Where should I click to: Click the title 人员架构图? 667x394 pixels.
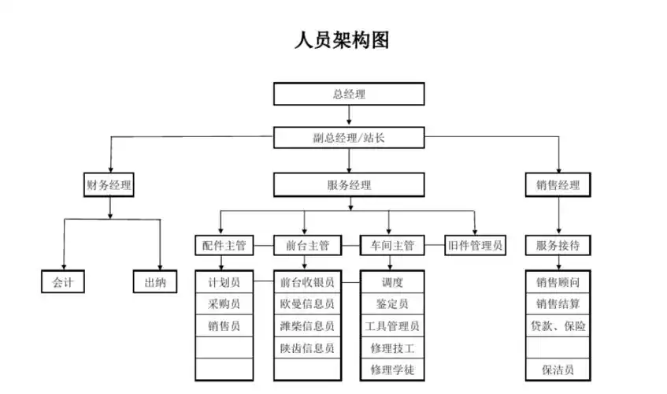[341, 40]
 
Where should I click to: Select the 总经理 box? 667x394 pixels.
[349, 94]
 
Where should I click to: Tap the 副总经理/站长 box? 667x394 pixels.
[349, 138]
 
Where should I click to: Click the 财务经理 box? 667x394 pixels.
[109, 186]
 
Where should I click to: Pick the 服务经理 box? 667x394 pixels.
[349, 186]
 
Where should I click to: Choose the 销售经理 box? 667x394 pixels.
[558, 186]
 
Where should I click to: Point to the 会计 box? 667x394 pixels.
[62, 282]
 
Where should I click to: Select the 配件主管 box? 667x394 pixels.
[224, 246]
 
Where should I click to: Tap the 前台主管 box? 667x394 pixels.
[307, 246]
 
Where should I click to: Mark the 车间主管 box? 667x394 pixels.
[392, 246]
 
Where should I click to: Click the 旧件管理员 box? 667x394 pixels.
[475, 246]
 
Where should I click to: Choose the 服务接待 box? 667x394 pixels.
[558, 246]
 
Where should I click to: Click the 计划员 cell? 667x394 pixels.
[224, 282]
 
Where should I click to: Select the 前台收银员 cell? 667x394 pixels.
[307, 282]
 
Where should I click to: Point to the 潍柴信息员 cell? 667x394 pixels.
[307, 325]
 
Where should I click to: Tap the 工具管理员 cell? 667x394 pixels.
[392, 325]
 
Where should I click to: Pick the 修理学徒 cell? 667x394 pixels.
[392, 370]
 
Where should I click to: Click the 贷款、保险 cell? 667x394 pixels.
[558, 325]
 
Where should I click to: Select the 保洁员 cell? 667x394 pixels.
[558, 370]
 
